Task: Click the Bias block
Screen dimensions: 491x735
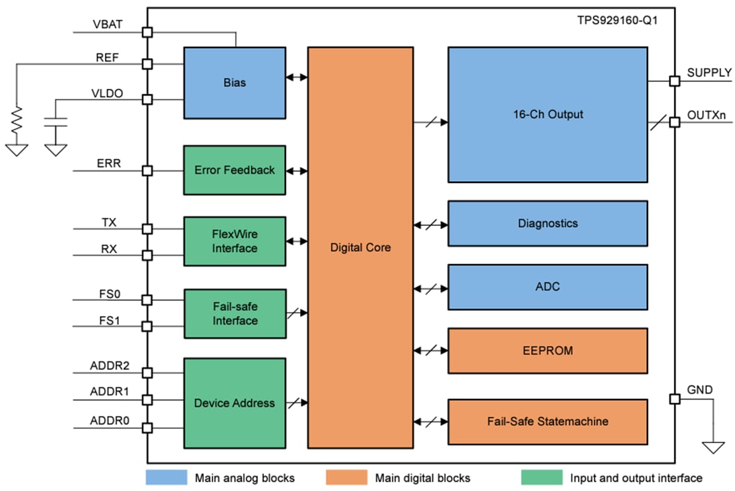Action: [235, 83]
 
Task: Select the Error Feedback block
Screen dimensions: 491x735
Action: [235, 170]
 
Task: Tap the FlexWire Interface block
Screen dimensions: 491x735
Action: [235, 241]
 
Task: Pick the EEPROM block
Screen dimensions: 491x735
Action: [547, 350]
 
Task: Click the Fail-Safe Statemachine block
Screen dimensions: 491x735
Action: [547, 422]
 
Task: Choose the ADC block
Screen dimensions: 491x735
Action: [547, 287]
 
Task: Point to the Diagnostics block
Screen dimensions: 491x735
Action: [547, 223]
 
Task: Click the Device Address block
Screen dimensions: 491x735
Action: [235, 403]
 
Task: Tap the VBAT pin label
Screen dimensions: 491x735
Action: [108, 25]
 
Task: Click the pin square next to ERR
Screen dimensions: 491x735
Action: [148, 171]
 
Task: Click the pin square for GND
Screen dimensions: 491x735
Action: [675, 399]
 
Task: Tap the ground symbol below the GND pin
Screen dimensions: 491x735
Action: [713, 446]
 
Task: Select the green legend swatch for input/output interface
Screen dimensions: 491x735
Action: [541, 477]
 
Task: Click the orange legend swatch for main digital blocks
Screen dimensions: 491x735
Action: [347, 477]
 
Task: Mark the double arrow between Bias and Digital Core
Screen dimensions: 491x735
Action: [296, 77]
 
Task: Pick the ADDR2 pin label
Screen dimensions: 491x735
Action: [110, 365]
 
